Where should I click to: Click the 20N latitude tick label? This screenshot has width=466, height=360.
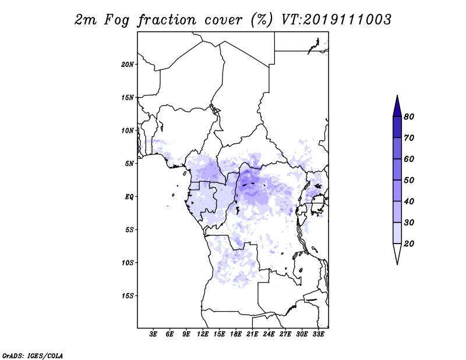128,65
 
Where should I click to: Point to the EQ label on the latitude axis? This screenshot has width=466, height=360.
129,197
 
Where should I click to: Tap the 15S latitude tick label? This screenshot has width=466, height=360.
128,296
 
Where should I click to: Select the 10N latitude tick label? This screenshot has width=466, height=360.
128,130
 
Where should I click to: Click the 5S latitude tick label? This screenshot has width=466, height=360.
129,230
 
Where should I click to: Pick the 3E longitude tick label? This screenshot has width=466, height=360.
153,334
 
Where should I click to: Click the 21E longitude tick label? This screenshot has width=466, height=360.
252,334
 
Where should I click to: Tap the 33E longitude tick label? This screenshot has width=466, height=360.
318,334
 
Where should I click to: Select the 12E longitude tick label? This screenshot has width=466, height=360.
203,334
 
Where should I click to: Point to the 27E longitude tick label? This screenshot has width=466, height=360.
285,334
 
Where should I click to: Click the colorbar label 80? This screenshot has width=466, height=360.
409,117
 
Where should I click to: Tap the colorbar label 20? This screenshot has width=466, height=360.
409,243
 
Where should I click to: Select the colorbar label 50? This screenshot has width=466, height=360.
409,180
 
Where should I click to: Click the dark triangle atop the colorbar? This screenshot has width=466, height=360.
397,108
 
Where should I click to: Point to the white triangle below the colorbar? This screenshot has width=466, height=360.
397,252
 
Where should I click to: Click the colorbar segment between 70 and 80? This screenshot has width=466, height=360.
397,127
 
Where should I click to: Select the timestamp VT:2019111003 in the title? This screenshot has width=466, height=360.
336,20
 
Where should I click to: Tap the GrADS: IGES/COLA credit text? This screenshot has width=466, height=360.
33,355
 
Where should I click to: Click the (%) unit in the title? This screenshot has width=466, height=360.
261,20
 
